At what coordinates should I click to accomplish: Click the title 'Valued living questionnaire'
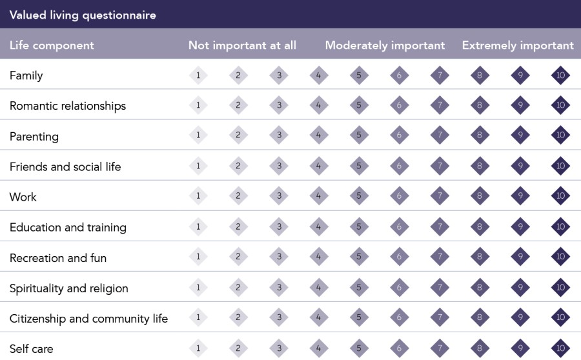click(83, 15)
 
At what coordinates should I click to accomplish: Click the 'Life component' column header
click(52, 45)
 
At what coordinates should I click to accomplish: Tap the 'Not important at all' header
click(242, 45)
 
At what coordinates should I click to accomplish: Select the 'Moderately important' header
click(385, 45)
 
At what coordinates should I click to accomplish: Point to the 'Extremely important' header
click(518, 45)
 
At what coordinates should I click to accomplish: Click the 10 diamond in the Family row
click(560, 75)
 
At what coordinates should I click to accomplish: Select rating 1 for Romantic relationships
click(198, 106)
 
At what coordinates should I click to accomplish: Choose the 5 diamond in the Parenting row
click(359, 136)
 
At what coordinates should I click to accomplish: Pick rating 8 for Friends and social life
click(480, 166)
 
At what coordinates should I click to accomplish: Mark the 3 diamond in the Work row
click(279, 197)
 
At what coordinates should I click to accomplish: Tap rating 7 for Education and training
click(440, 227)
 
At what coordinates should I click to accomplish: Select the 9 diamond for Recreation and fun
click(520, 257)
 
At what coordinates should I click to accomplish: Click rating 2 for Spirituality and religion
click(238, 288)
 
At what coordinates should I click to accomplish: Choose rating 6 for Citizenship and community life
click(400, 318)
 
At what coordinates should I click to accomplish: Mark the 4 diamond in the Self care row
click(319, 348)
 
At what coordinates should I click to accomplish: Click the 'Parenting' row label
click(34, 137)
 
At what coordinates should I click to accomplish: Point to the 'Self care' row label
click(32, 349)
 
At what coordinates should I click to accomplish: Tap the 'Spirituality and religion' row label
click(69, 288)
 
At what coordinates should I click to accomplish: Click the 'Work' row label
click(23, 197)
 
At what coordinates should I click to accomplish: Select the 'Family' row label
click(26, 76)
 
